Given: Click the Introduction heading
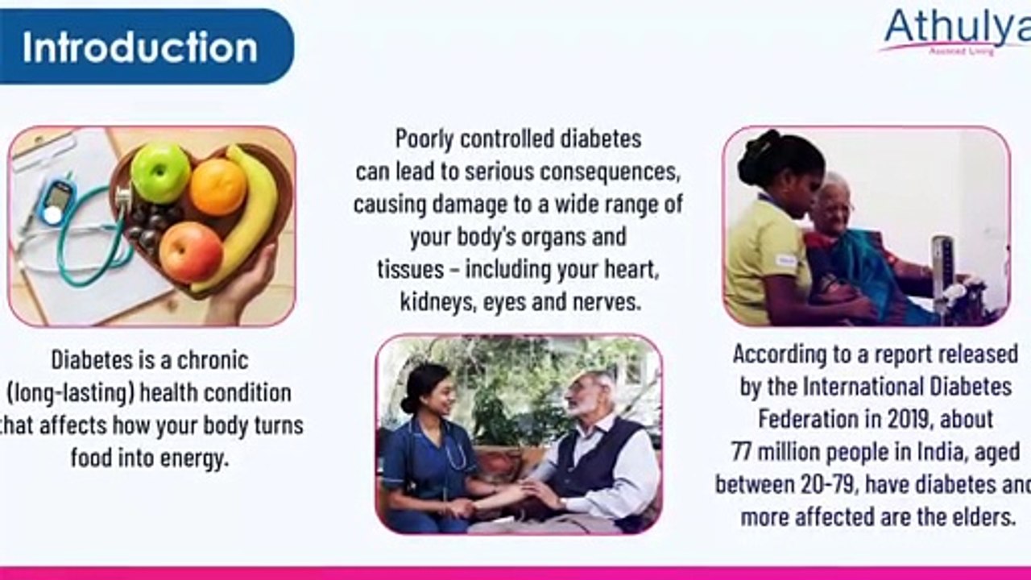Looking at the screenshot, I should point(140,47).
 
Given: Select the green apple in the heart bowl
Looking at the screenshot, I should point(160,173).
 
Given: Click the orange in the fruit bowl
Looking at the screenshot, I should point(217,187).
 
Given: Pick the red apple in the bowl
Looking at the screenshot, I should point(190,251).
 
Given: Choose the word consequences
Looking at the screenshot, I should point(613,172).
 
